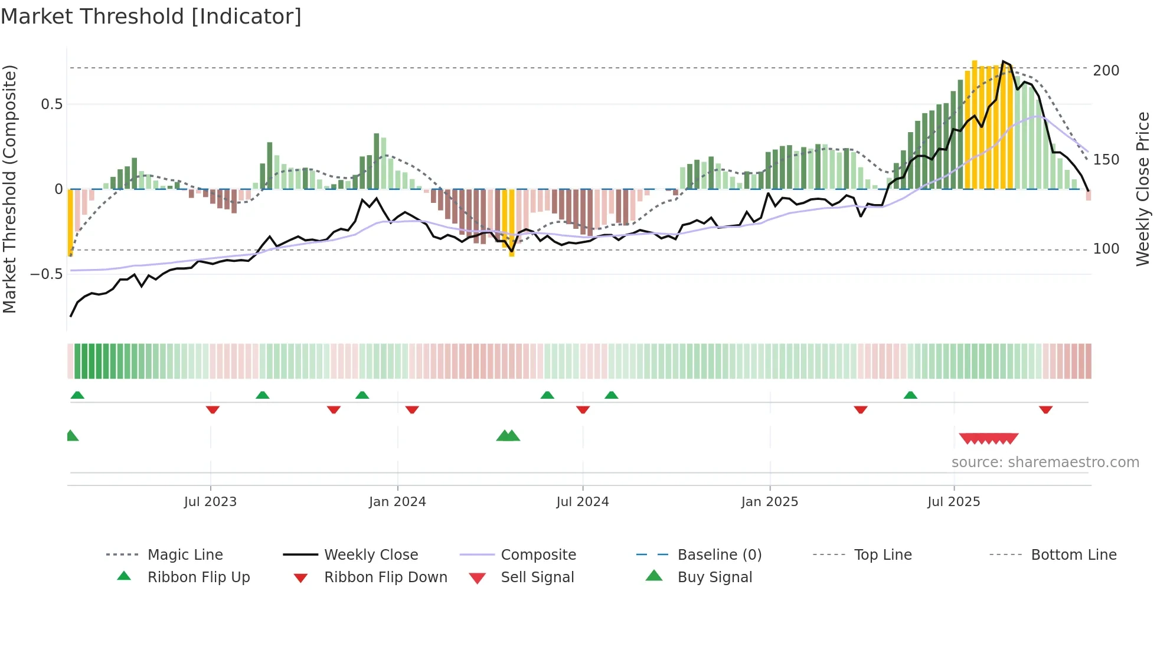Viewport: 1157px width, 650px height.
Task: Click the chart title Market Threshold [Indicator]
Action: [x=151, y=17]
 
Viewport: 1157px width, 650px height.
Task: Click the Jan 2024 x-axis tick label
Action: [x=397, y=502]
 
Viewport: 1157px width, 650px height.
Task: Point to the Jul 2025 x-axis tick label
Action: [x=953, y=502]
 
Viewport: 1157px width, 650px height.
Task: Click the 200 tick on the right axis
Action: [x=1106, y=71]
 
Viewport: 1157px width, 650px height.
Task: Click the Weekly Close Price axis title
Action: [x=1143, y=189]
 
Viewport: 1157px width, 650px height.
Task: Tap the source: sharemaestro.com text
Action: [x=1045, y=462]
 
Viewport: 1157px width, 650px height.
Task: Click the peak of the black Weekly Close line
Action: [x=1003, y=61]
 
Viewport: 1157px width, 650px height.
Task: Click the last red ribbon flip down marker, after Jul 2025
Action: [x=1045, y=409]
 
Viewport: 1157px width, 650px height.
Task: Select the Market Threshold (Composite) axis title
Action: [x=10, y=189]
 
